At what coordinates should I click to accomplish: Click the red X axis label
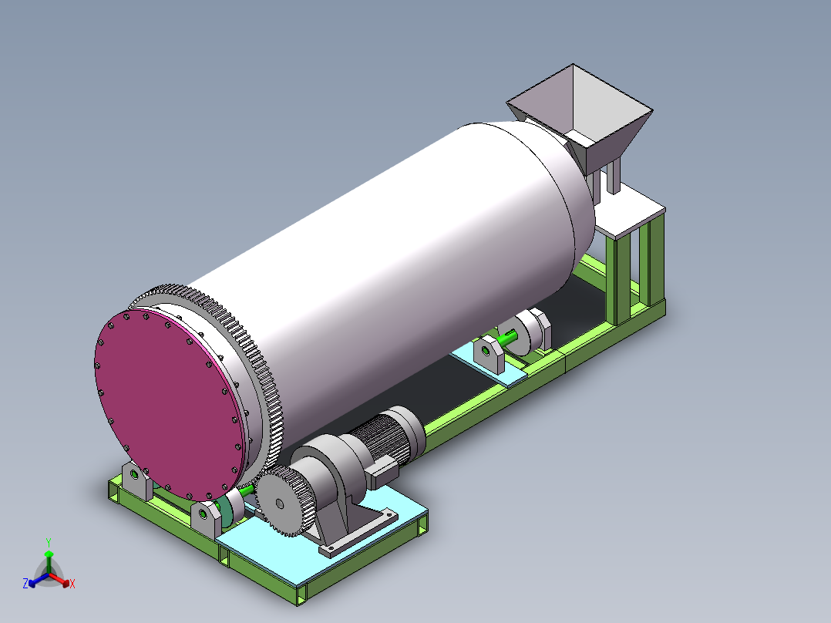click(72, 584)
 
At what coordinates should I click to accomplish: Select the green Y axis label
click(48, 542)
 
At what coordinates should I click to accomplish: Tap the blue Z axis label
click(25, 584)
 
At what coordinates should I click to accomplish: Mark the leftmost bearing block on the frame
click(136, 481)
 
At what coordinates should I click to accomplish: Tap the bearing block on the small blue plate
click(489, 353)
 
